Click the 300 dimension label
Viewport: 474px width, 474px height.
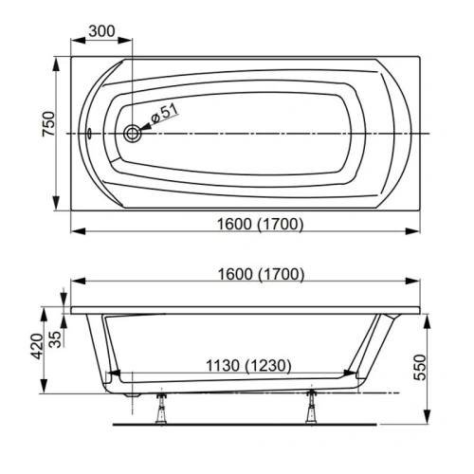pyautogui.click(x=101, y=31)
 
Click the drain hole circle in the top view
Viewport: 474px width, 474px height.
pyautogui.click(x=133, y=135)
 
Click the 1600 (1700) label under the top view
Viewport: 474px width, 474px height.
pyautogui.click(x=246, y=224)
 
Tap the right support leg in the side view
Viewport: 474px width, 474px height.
pyautogui.click(x=310, y=403)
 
